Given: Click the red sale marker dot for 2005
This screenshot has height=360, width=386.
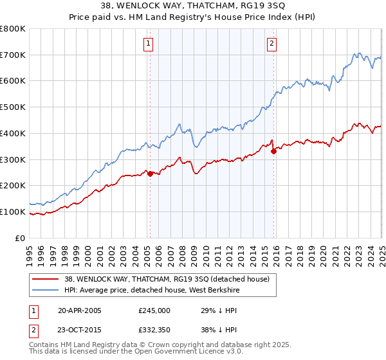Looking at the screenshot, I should tap(150, 174).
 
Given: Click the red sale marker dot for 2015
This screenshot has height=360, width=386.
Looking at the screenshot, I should tap(273, 151).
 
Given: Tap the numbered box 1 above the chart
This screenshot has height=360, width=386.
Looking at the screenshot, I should tap(149, 44).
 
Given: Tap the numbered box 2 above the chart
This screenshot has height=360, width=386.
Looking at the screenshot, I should tap(272, 44).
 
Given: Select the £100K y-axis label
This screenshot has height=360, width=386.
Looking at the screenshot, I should tap(14, 212).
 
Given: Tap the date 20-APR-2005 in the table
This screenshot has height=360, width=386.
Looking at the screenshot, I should tap(80, 310).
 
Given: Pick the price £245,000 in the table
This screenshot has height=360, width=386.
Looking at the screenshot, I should tap(154, 310).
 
